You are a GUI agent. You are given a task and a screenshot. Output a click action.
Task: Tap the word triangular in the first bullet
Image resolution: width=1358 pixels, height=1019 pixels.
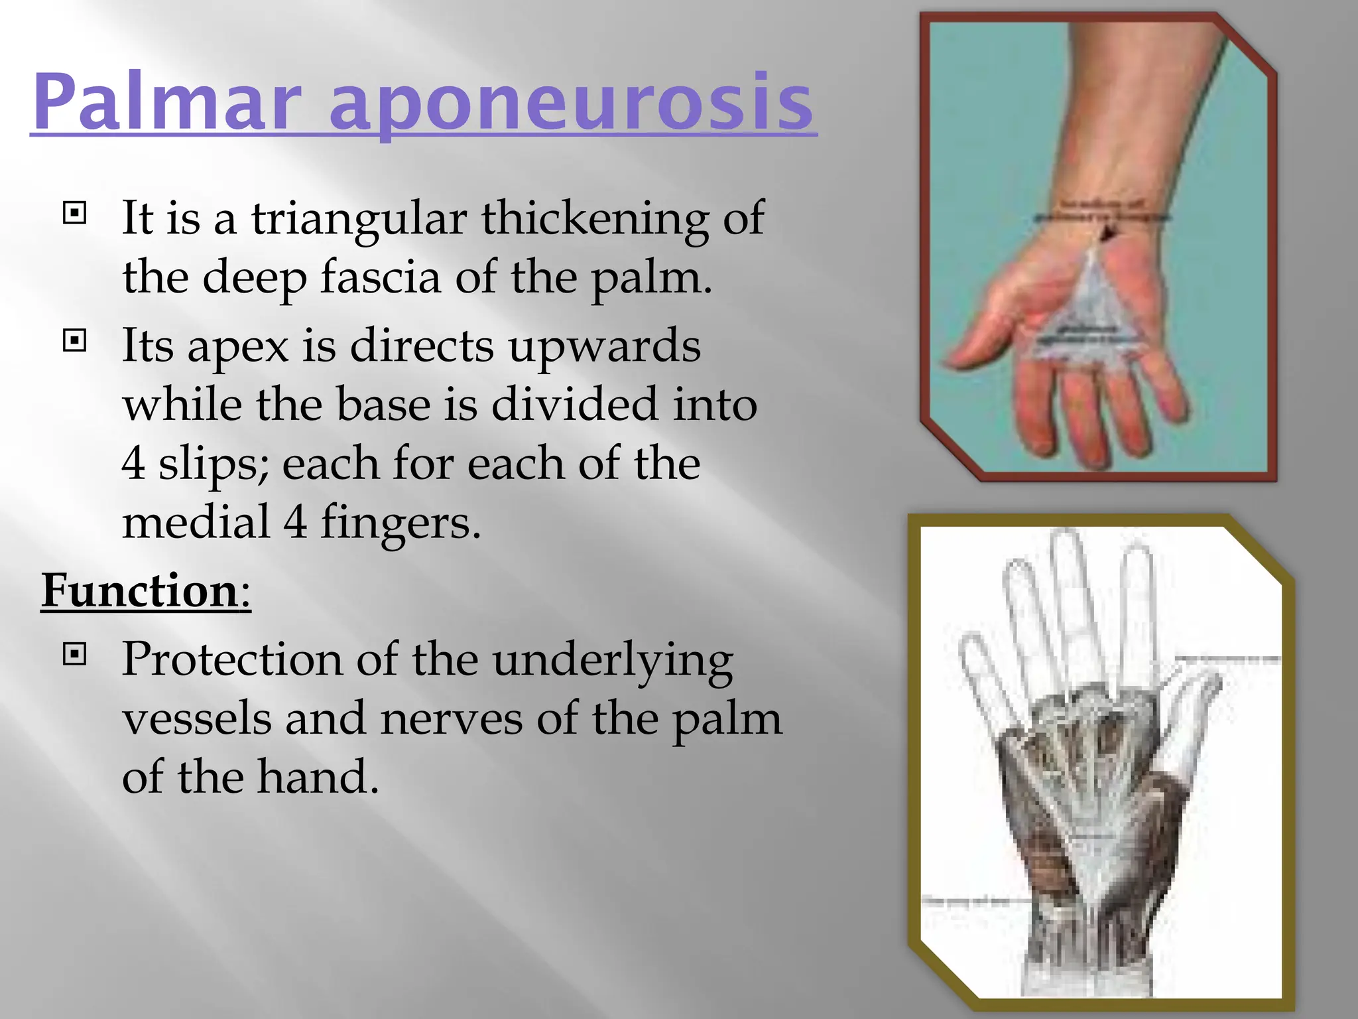[x=359, y=219]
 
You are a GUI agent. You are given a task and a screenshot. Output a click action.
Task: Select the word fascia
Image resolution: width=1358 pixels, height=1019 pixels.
[x=381, y=277]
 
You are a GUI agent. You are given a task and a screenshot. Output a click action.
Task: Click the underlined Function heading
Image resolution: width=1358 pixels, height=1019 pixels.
[x=140, y=590]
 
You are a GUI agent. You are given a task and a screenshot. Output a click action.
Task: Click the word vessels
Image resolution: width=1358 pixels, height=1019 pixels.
[x=197, y=718]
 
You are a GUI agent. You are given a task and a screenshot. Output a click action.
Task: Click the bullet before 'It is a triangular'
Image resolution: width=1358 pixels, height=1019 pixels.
[x=74, y=213]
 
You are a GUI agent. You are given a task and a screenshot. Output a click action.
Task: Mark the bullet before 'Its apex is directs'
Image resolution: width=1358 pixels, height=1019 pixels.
[x=74, y=341]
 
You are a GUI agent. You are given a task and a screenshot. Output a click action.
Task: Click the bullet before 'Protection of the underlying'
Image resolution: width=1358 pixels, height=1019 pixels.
[x=74, y=655]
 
